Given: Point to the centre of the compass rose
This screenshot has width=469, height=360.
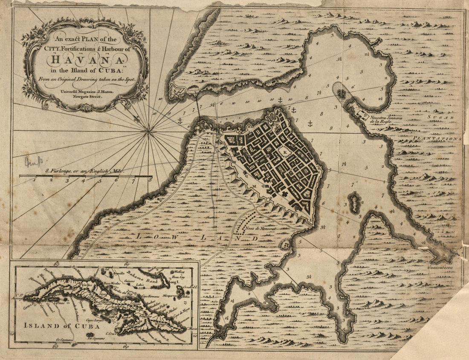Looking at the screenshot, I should (149, 131).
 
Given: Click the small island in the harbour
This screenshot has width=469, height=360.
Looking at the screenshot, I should (354, 202).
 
